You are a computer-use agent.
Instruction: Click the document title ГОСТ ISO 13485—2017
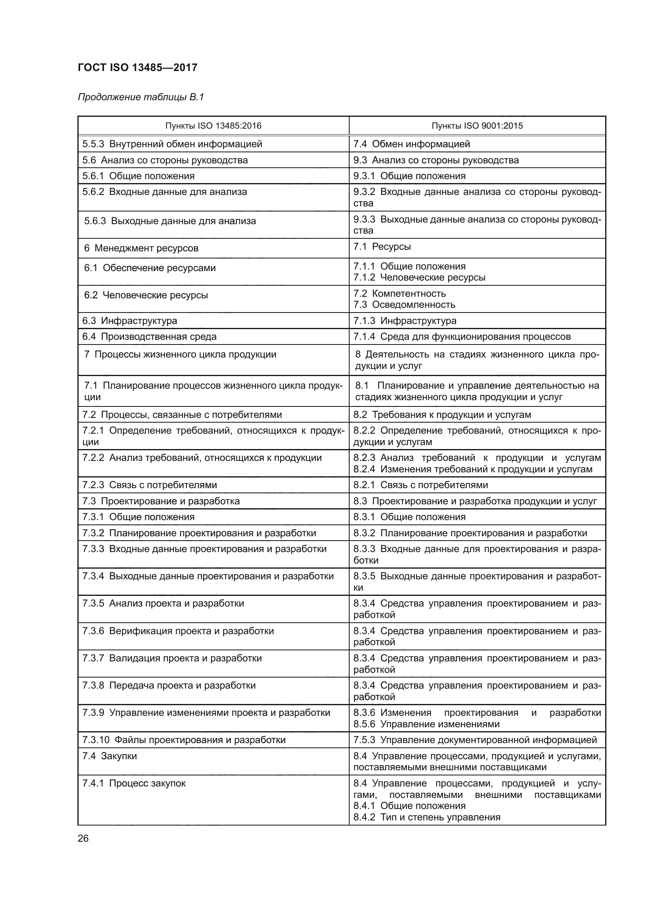pyautogui.click(x=137, y=67)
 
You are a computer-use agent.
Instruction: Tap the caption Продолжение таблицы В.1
pyautogui.click(x=141, y=97)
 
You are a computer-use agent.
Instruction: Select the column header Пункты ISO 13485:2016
pyautogui.click(x=213, y=126)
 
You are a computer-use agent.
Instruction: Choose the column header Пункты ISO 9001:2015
pyautogui.click(x=477, y=126)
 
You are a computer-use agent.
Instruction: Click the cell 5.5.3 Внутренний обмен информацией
pyautogui.click(x=172, y=144)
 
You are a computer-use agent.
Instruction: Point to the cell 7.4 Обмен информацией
pyautogui.click(x=412, y=144)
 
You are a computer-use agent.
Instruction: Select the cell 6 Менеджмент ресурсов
pyautogui.click(x=141, y=248)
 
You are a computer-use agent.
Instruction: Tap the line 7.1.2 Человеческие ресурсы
pyautogui.click(x=419, y=277)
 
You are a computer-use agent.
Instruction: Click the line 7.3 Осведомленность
pyautogui.click(x=405, y=305)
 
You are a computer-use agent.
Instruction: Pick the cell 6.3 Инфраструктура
pyautogui.click(x=130, y=321)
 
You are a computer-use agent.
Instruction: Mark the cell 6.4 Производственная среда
pyautogui.click(x=149, y=337)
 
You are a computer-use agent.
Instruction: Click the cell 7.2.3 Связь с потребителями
pyautogui.click(x=150, y=485)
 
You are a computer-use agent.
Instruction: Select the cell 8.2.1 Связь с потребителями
pyautogui.click(x=420, y=485)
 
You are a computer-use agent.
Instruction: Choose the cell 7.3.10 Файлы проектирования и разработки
pyautogui.click(x=184, y=740)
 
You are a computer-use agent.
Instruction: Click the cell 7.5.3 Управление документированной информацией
pyautogui.click(x=475, y=740)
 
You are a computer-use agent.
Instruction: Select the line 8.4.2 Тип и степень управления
pyautogui.click(x=427, y=817)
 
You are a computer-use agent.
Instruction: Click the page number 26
pyautogui.click(x=83, y=839)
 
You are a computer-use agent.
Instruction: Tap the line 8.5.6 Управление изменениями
pyautogui.click(x=427, y=724)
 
